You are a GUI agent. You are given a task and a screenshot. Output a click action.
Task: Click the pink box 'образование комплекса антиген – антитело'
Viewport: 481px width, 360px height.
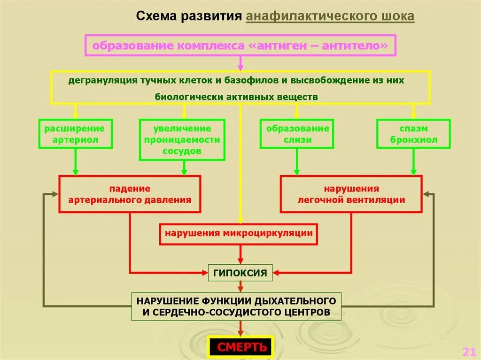coord(240,46)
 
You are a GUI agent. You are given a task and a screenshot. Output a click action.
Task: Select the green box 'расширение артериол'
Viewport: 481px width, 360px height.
coord(75,134)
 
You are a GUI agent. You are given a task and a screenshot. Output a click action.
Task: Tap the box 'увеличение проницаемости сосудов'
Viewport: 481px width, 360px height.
coord(182,140)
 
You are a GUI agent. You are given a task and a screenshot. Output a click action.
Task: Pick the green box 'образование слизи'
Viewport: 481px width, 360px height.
coord(297,134)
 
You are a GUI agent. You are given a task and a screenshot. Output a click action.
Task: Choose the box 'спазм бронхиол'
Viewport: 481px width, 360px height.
coord(413,134)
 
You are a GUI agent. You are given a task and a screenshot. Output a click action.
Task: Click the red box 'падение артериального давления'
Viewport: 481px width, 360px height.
coord(130,194)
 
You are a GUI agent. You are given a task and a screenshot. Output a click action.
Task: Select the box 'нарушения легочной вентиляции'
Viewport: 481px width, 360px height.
coord(351,194)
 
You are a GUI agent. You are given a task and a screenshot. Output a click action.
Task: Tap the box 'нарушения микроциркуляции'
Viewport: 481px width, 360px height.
coord(239,233)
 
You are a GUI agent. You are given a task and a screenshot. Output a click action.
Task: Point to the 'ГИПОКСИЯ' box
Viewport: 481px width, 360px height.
coord(240,273)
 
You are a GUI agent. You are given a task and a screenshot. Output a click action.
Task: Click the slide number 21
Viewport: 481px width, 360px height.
coord(468,352)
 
